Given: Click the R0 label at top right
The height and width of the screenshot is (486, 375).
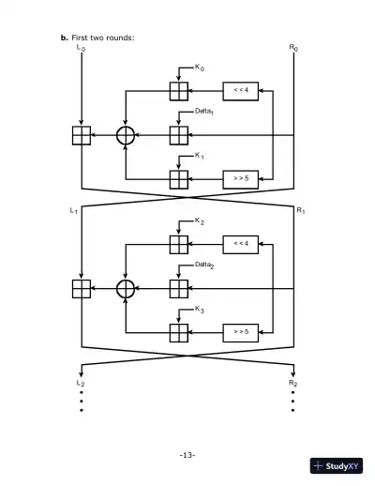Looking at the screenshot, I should (x=293, y=47).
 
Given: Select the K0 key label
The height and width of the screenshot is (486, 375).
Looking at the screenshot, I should (x=199, y=68).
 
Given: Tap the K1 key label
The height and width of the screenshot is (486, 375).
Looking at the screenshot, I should (x=199, y=155).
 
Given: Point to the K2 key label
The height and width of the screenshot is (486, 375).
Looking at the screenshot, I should (x=199, y=220).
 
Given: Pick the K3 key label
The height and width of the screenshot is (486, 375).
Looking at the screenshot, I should (x=199, y=309).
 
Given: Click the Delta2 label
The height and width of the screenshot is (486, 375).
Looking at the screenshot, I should (x=205, y=266).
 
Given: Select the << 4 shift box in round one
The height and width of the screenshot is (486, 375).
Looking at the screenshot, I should (x=240, y=91).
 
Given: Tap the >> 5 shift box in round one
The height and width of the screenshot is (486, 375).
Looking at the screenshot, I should (x=240, y=178).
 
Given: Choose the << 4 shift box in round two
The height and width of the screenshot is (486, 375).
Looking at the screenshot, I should (x=240, y=244).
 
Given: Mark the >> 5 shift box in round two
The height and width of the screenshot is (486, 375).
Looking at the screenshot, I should (x=240, y=332).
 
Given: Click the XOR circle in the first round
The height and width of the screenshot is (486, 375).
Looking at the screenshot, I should (x=127, y=135).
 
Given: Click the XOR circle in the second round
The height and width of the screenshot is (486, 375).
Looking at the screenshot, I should (x=127, y=288).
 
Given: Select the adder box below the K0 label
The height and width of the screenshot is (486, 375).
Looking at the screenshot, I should (x=178, y=91).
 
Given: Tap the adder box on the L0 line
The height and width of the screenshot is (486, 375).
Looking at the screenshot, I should (x=82, y=135).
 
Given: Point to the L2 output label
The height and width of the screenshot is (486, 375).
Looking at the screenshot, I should (x=80, y=385).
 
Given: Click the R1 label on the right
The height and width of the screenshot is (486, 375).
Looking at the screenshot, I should (x=300, y=211).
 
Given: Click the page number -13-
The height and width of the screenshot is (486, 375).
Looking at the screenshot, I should (x=187, y=455).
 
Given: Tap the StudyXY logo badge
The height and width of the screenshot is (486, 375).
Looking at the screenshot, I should (x=336, y=466).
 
